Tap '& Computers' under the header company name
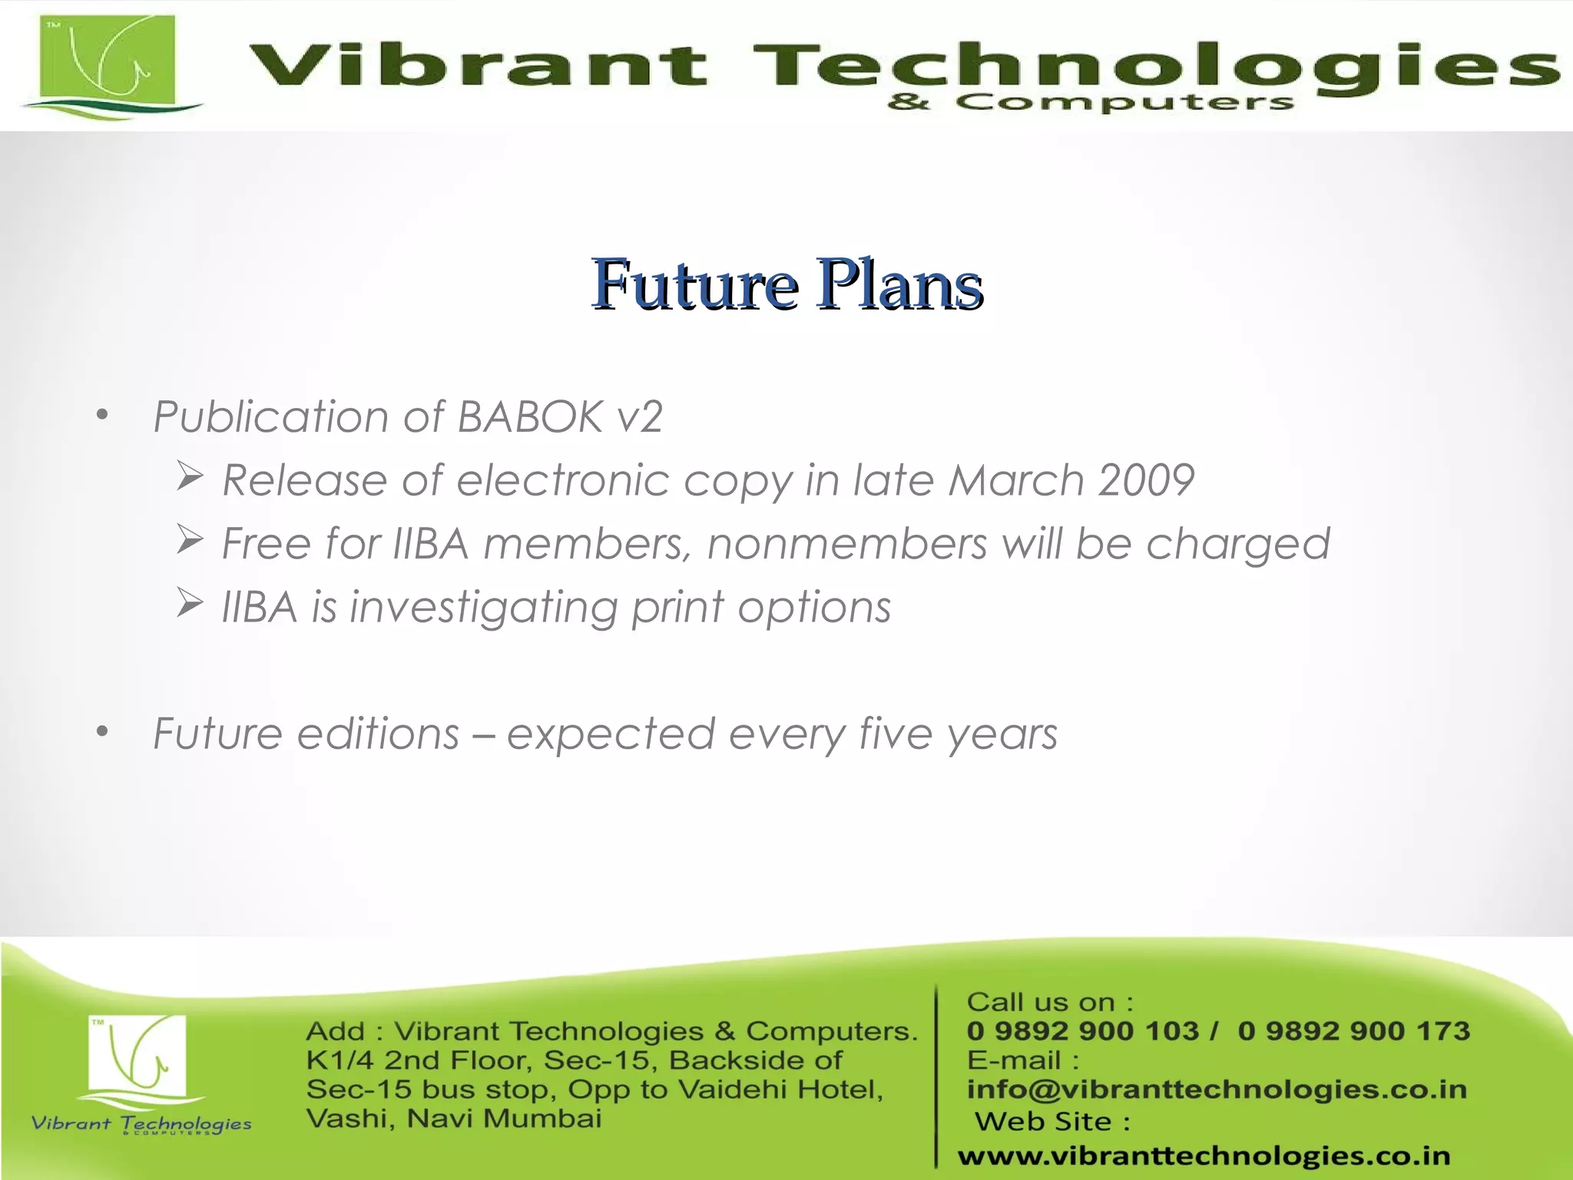[1090, 102]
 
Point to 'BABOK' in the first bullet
[530, 417]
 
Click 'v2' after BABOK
[640, 417]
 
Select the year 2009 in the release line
[1146, 481]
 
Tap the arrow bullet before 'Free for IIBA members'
[189, 540]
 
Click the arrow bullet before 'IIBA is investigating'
[189, 603]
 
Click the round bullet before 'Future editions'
[103, 733]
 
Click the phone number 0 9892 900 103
[1082, 1031]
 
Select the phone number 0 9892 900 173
[1353, 1031]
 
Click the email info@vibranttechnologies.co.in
[1216, 1089]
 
